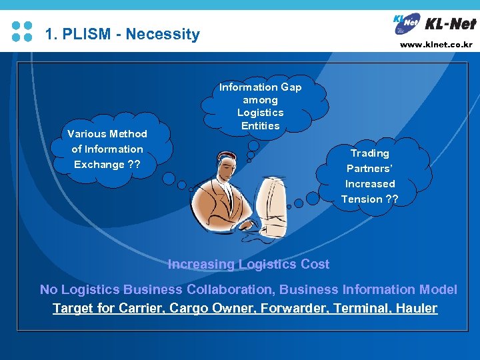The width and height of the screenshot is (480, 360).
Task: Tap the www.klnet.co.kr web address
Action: tap(436, 45)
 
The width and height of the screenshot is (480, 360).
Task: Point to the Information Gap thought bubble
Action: tap(261, 105)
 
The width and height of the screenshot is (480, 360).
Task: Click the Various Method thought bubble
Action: tap(107, 149)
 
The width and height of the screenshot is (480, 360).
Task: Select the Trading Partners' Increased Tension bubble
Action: tap(370, 175)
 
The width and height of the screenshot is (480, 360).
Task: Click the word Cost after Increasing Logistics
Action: tap(315, 264)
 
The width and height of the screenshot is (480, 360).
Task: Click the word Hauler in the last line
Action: tap(416, 308)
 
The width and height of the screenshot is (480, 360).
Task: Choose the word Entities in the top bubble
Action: tap(261, 125)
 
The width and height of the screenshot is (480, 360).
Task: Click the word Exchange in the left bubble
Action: tap(99, 164)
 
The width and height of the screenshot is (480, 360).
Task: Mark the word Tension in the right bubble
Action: tap(362, 199)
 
